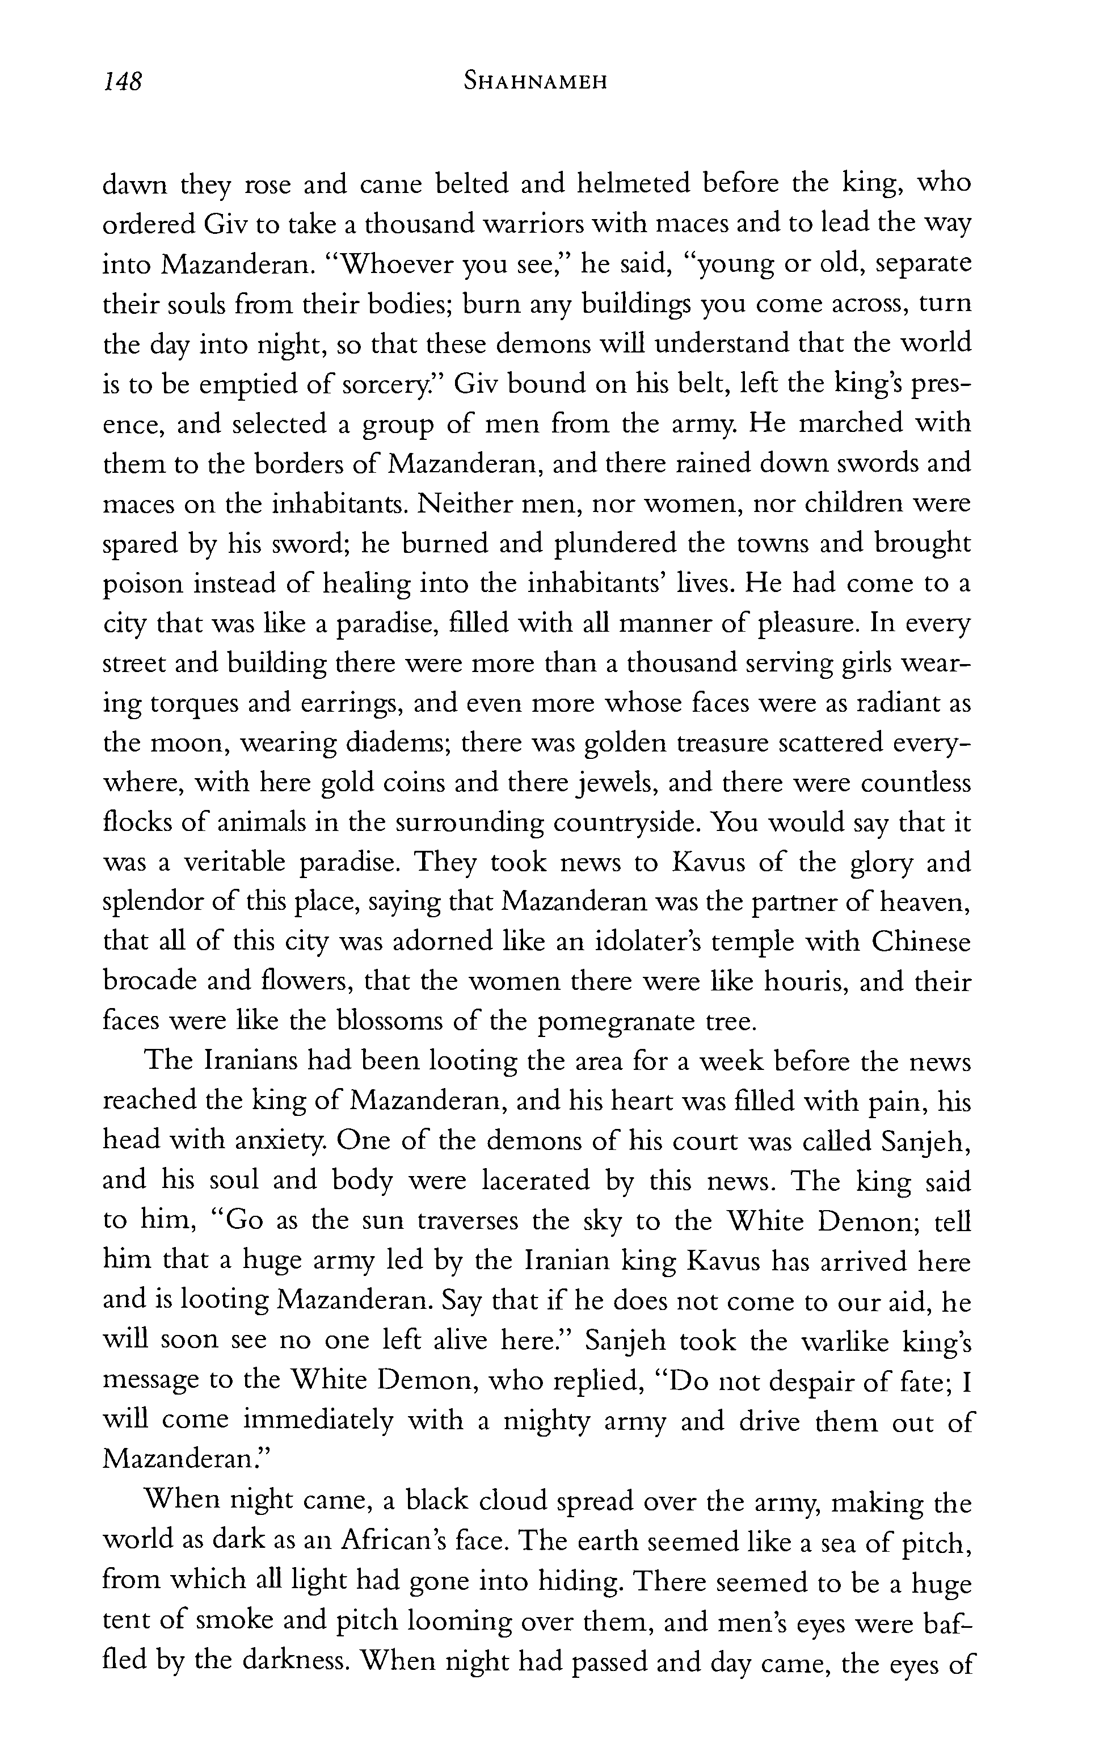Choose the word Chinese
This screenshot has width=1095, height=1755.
(920, 942)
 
